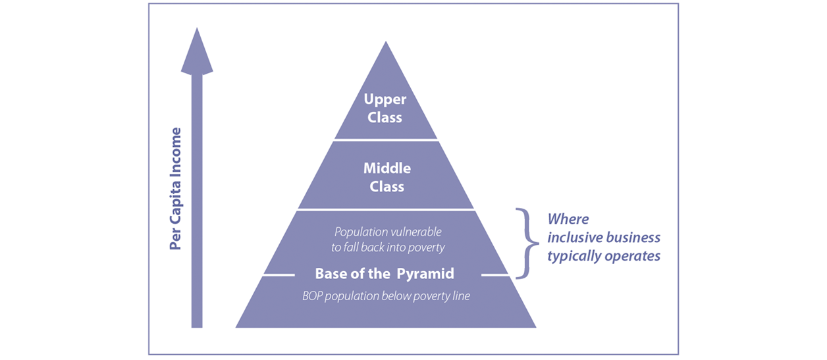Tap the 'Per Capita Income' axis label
[175, 189]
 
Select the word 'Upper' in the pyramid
[385, 99]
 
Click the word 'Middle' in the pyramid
[387, 168]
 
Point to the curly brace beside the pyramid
[527, 244]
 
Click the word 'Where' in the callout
[568, 219]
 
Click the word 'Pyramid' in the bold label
[425, 274]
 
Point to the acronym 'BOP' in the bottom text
[312, 296]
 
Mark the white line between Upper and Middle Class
[386, 140]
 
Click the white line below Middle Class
[386, 209]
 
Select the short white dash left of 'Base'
[279, 275]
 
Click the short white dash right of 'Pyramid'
[495, 275]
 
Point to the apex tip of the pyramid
[386, 41]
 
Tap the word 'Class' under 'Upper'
[385, 118]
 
